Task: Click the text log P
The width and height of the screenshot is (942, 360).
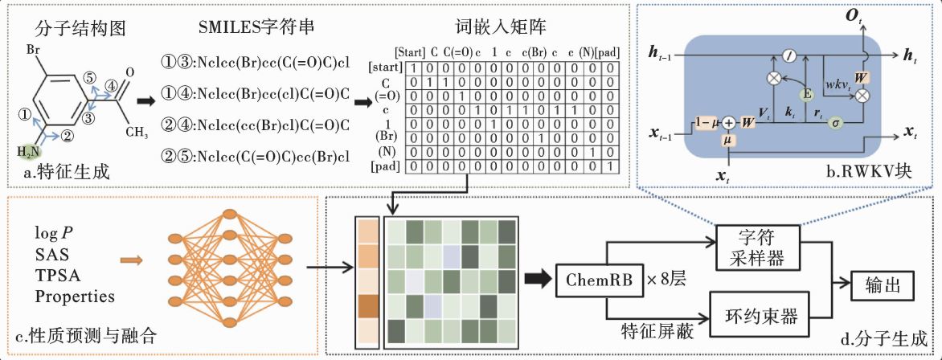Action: pyautogui.click(x=53, y=233)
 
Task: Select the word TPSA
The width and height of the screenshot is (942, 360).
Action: pyautogui.click(x=55, y=276)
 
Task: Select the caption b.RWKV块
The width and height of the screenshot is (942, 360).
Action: pyautogui.click(x=891, y=173)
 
